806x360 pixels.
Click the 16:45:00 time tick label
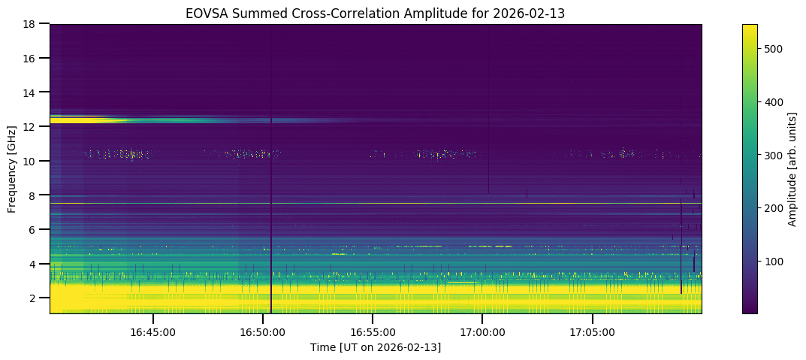153,332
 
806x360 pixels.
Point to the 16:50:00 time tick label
263,332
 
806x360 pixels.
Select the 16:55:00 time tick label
373,332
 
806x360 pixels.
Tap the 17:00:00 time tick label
482,332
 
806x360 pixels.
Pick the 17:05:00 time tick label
592,332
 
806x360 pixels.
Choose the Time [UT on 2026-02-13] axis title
376,347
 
